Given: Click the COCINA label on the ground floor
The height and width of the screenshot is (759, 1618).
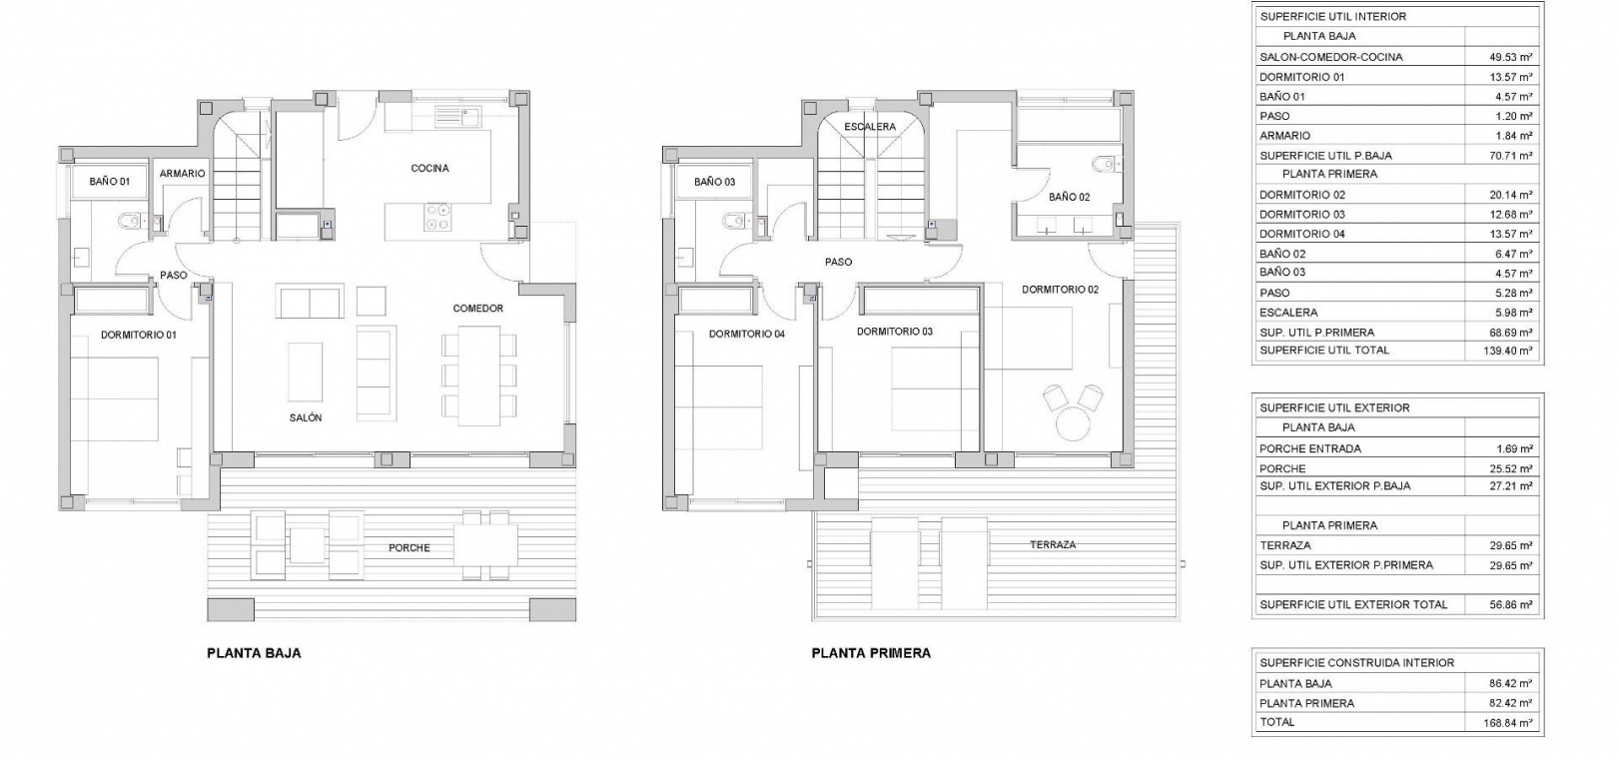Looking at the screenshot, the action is click(429, 168).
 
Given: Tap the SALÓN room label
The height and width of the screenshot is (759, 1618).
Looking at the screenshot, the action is click(306, 417).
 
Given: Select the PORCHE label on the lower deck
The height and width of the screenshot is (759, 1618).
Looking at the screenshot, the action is click(408, 548).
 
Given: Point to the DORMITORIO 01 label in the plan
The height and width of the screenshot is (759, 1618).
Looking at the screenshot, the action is click(138, 336).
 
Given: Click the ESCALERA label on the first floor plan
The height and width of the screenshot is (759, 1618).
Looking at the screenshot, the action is click(870, 127).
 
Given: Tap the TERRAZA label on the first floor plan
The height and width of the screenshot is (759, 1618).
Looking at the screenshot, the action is click(1053, 544).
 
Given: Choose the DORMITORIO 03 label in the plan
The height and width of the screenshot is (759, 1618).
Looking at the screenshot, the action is click(894, 332).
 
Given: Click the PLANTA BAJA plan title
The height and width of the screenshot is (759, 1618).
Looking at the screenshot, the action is click(254, 653).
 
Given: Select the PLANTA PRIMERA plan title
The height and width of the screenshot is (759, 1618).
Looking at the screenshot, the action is click(871, 653).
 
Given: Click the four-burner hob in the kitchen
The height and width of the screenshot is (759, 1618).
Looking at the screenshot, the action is click(437, 217).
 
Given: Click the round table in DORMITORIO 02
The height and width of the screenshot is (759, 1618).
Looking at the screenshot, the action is click(1074, 422).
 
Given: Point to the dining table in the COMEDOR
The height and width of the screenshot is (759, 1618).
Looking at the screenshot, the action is click(478, 376).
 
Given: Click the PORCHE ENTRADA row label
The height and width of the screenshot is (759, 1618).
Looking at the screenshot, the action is click(1310, 448).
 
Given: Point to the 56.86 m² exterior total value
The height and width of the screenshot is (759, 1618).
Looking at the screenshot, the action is click(1510, 605).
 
